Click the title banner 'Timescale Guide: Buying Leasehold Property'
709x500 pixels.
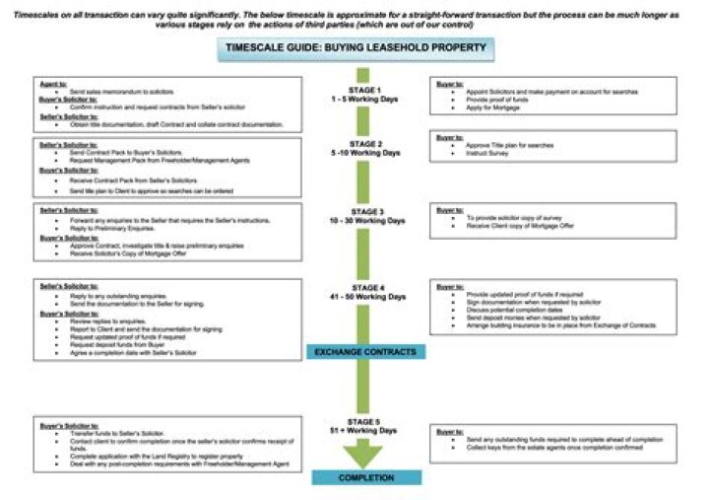tap(354, 48)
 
